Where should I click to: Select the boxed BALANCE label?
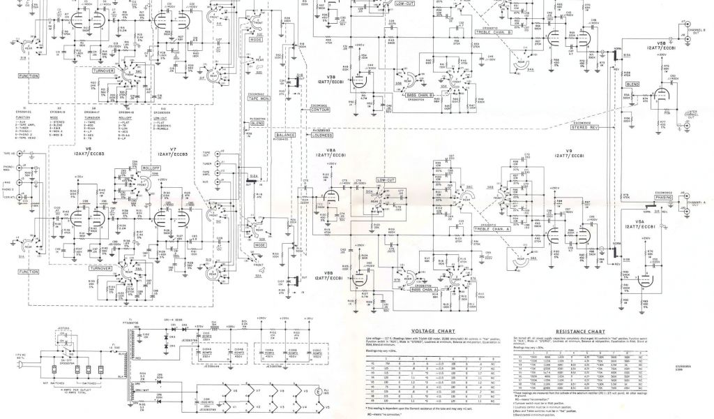pyautogui.click(x=285, y=133)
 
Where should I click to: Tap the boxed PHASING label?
pyautogui.click(x=669, y=198)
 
